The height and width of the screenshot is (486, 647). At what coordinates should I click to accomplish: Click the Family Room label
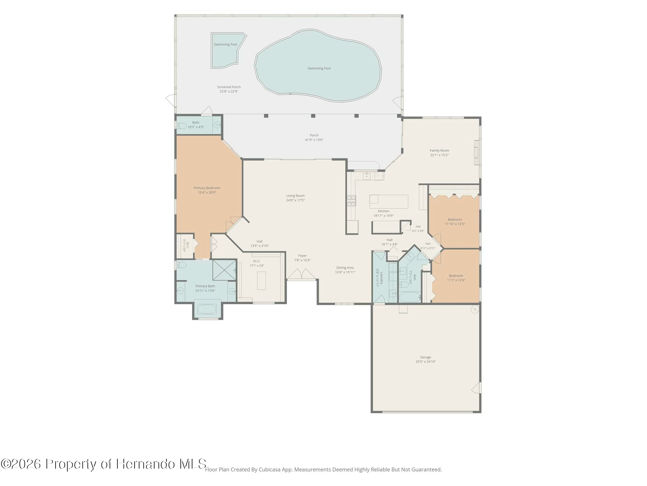tap(439, 151)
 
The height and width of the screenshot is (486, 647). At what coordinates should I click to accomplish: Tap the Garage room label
tap(426, 357)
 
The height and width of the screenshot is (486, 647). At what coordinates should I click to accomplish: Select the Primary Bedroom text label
tap(207, 188)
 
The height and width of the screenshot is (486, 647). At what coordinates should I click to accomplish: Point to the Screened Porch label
tap(229, 87)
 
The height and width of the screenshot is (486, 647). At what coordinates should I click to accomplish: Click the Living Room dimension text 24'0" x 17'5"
tap(295, 200)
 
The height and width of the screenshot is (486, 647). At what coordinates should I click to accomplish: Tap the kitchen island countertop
tap(389, 202)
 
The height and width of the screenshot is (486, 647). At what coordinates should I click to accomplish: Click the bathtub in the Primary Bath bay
tap(207, 309)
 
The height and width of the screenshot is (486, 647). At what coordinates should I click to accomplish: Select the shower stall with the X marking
tap(224, 270)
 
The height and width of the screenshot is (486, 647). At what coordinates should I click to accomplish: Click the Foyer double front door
tap(302, 274)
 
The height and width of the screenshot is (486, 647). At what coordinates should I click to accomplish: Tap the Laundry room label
tap(381, 278)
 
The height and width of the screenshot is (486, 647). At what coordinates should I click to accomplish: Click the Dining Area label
tap(345, 268)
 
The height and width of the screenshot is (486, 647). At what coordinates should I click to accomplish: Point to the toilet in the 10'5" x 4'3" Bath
tap(181, 126)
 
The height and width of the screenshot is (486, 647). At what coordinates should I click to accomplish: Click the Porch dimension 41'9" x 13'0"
tap(314, 140)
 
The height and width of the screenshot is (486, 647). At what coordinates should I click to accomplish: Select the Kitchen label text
tap(384, 211)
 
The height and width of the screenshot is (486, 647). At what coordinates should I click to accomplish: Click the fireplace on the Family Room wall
tap(477, 152)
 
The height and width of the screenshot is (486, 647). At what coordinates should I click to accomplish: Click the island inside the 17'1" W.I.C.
tap(261, 281)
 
